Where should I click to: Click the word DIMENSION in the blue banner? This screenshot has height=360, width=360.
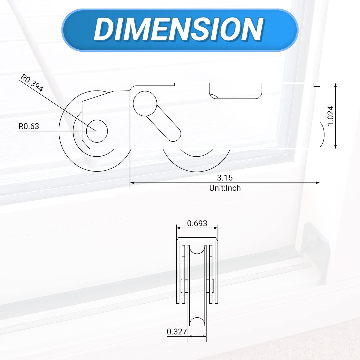[x=179, y=30]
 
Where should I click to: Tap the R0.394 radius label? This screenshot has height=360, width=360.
[x=32, y=83]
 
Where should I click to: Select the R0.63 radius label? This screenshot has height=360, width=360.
[x=29, y=127]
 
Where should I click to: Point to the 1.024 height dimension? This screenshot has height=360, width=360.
[x=330, y=116]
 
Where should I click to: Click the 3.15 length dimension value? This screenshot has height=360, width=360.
[x=225, y=178]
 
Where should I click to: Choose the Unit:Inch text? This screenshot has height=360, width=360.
[x=225, y=188]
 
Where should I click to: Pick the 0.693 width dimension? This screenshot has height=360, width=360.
[x=197, y=223]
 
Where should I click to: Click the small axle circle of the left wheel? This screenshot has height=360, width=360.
[x=97, y=131]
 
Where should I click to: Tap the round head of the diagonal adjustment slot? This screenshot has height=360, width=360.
[x=145, y=103]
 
